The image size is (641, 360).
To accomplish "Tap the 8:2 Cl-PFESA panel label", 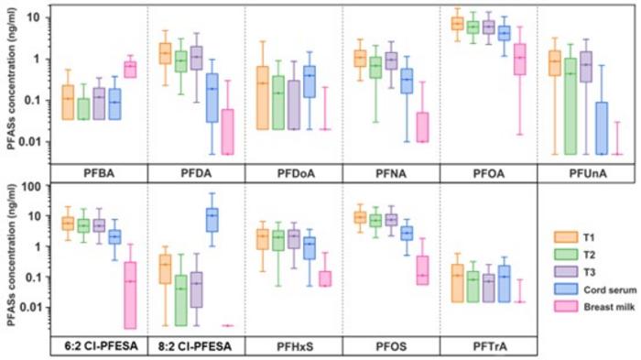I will [195, 346].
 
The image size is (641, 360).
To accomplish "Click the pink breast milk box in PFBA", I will [130, 70].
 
